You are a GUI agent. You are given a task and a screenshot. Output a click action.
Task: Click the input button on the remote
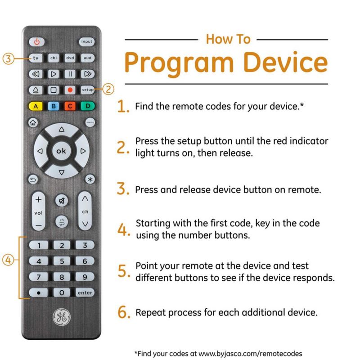click(86, 41)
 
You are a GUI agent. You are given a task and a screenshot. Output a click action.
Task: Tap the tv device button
click(36, 58)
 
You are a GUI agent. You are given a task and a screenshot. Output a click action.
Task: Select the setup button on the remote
click(87, 90)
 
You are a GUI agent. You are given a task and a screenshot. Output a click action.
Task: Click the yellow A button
click(36, 106)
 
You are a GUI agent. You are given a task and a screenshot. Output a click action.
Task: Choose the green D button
click(88, 106)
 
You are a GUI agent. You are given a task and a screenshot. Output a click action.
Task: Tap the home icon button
click(33, 122)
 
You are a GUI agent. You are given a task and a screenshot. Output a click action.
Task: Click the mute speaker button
click(62, 201)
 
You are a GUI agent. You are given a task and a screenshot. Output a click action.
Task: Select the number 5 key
click(62, 261)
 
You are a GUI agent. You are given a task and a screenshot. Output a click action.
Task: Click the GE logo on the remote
click(62, 317)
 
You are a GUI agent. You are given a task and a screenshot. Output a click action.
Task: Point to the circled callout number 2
click(108, 89)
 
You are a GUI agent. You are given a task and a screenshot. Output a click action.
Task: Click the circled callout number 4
click(8, 260)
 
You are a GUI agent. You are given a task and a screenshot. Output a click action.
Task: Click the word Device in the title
click(285, 63)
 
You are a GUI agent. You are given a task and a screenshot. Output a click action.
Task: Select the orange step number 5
click(123, 271)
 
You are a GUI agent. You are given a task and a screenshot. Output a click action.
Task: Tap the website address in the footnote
click(250, 353)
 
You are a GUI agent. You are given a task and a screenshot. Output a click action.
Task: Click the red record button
click(70, 90)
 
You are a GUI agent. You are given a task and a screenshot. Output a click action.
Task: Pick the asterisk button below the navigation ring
click(90, 179)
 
